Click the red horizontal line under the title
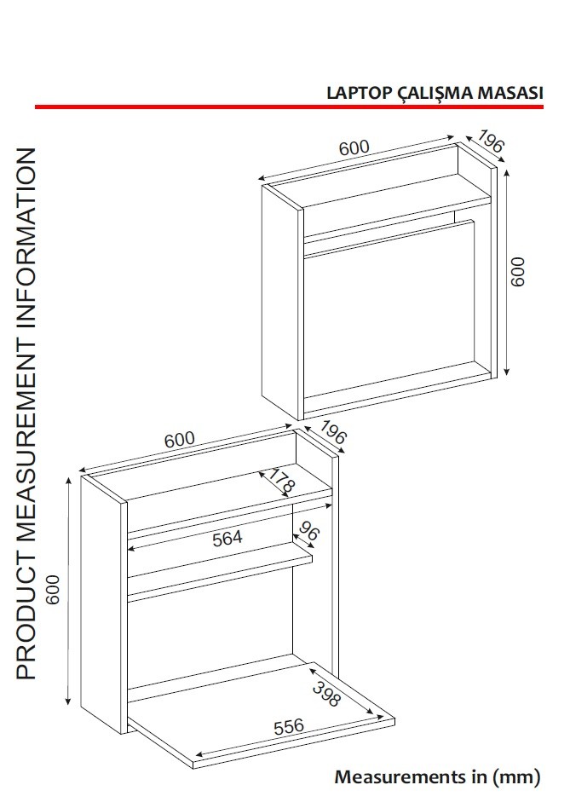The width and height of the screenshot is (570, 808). point(289,107)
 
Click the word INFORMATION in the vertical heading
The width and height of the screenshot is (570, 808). point(26,240)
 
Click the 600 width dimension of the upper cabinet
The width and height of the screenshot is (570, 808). point(354,148)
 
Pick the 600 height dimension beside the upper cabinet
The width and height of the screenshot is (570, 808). point(517,272)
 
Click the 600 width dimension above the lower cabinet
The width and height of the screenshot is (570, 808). point(180,440)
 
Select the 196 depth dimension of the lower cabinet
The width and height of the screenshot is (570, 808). point(333,432)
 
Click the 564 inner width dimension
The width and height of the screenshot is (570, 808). point(227,539)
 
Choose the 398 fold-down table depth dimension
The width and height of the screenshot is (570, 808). point(326,694)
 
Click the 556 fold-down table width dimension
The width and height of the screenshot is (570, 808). point(289,726)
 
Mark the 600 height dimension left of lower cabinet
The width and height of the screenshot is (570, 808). point(53,589)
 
